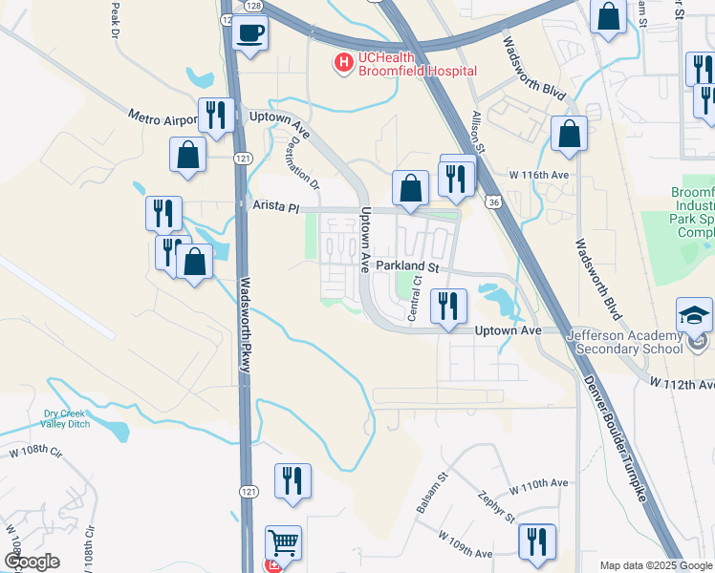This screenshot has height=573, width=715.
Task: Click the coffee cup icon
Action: [x=250, y=32]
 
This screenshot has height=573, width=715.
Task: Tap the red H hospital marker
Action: [x=342, y=63]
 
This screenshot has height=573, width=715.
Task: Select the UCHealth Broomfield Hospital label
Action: [x=417, y=64]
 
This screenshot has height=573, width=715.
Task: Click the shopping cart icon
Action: [x=283, y=543]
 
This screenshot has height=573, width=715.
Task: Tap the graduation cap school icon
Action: [x=694, y=315]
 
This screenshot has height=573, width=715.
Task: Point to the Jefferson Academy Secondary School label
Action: [x=639, y=341]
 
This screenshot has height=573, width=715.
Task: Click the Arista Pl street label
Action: [x=276, y=205]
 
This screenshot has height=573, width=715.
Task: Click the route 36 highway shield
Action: [x=491, y=202]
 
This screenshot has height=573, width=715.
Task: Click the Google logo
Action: [x=32, y=561]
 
